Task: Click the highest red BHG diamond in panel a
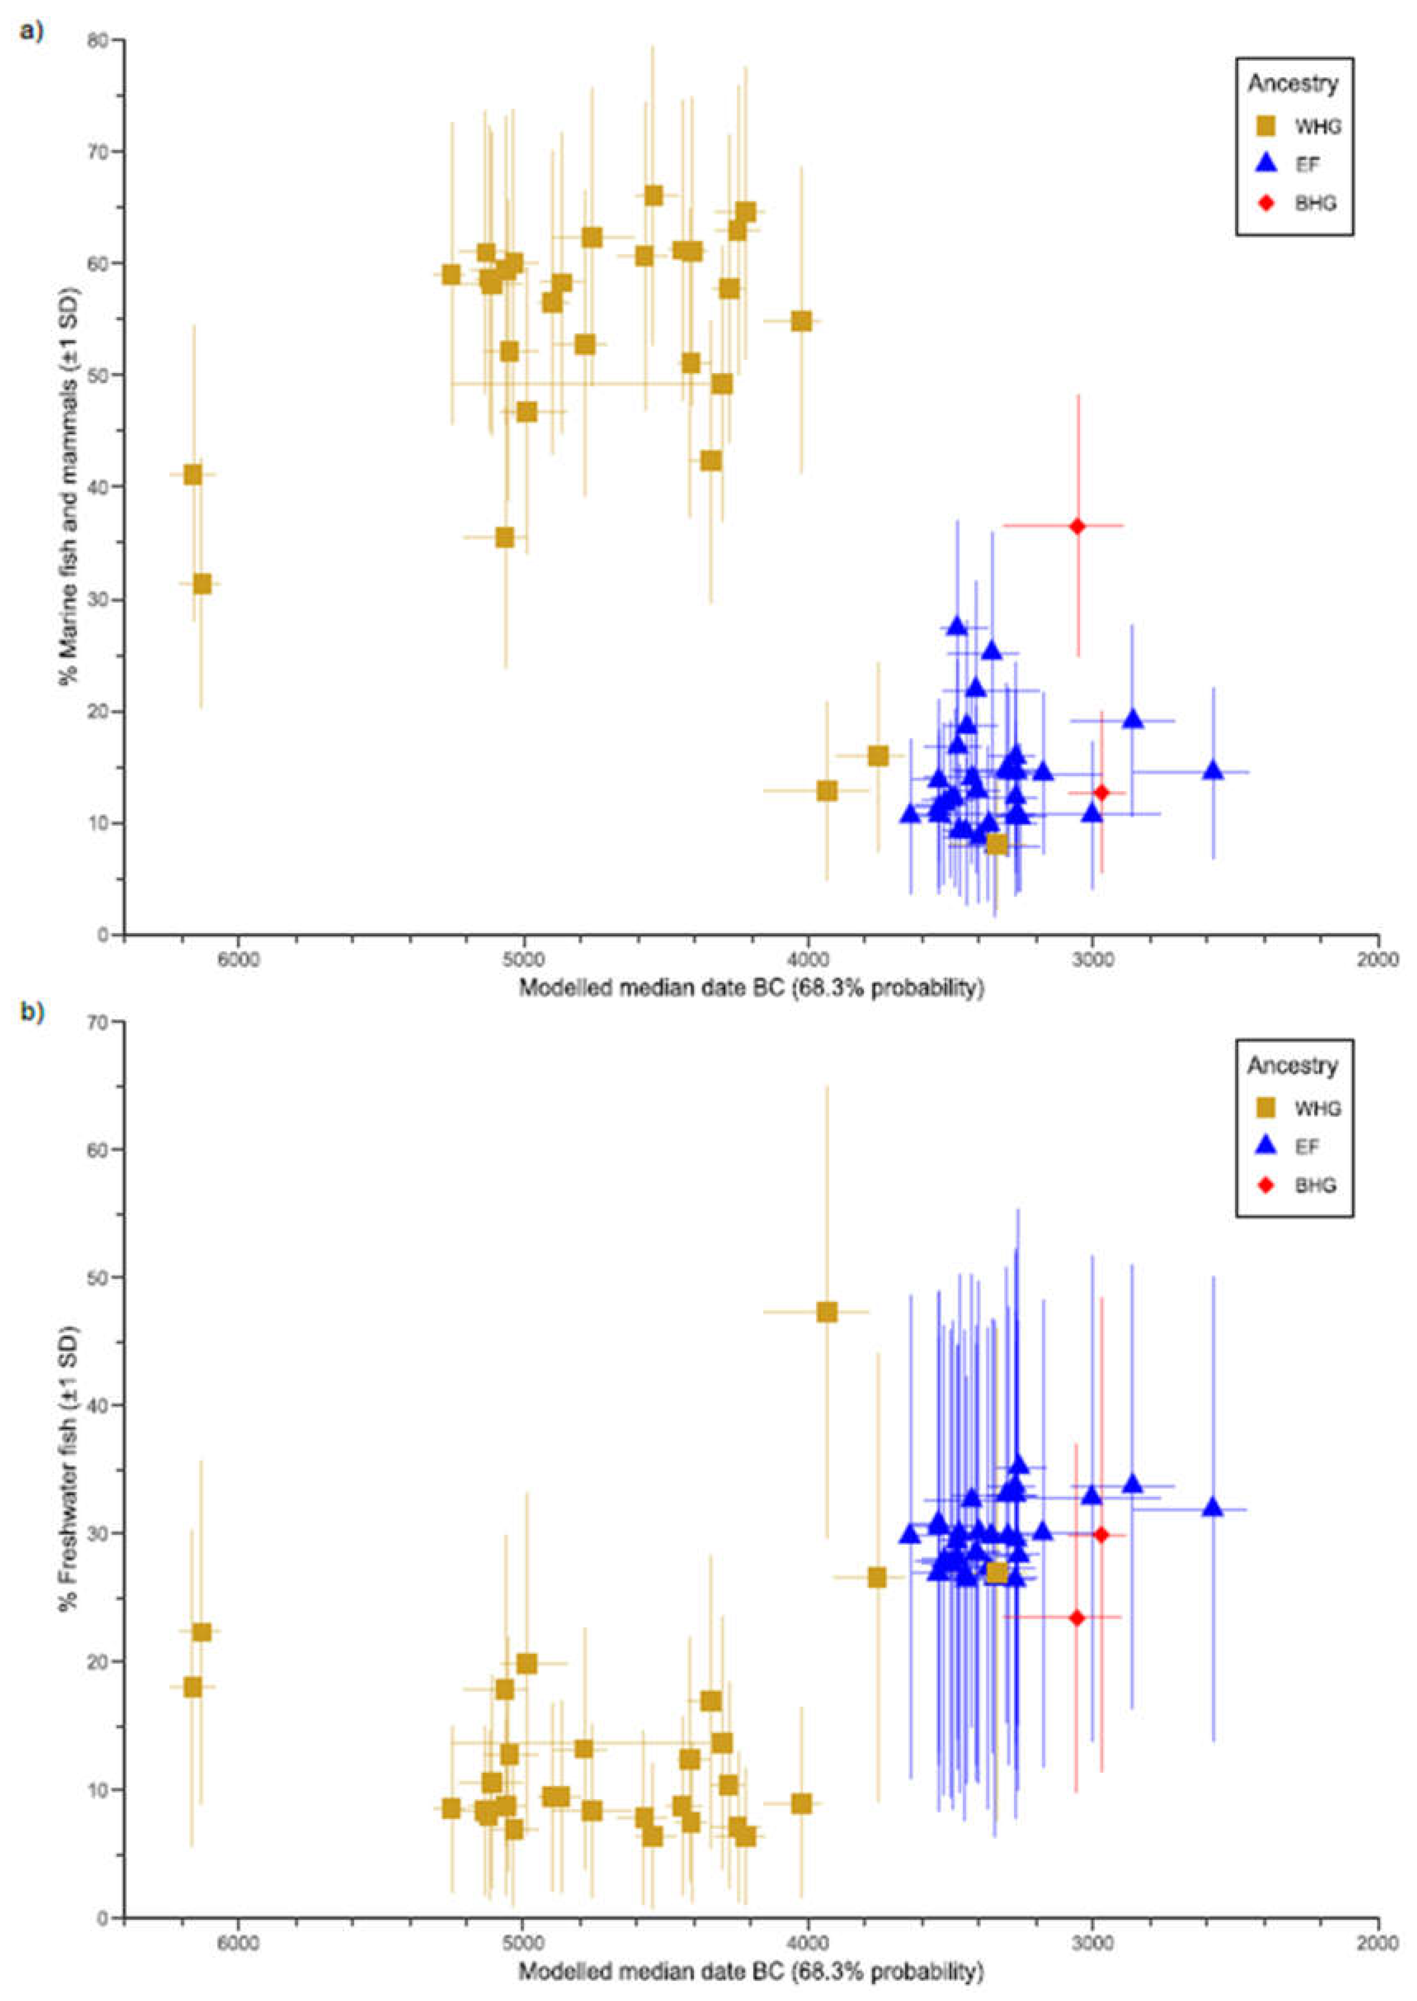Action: tap(1077, 526)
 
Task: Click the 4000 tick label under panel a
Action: tap(808, 957)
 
